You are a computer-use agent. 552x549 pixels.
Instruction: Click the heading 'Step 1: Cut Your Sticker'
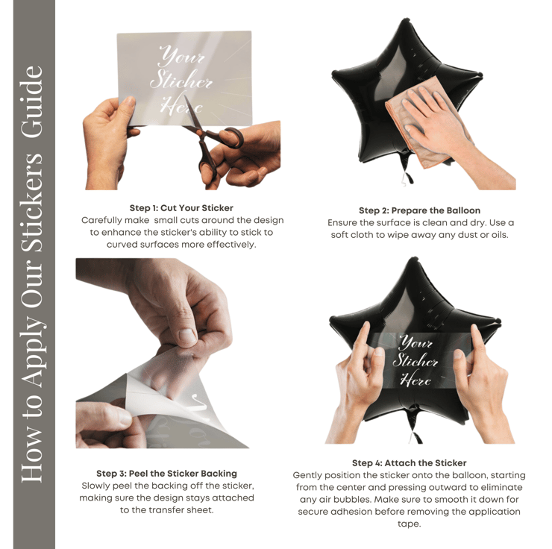pos(181,208)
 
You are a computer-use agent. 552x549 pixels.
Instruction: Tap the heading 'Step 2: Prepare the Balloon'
pos(419,210)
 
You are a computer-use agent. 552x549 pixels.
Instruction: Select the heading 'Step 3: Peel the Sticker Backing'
pos(166,474)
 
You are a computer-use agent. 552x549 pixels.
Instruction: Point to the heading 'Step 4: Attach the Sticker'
pos(409,462)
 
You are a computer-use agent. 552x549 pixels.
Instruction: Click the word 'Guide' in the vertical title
pos(34,102)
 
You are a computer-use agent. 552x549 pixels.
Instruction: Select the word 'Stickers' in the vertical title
pos(34,202)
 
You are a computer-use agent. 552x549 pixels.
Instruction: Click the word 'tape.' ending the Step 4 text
pos(409,524)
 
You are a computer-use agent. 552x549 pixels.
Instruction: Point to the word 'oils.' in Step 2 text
pos(499,235)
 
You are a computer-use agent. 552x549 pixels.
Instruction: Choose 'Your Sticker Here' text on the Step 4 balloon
pos(415,361)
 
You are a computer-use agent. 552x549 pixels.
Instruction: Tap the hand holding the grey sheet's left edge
pos(107,141)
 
